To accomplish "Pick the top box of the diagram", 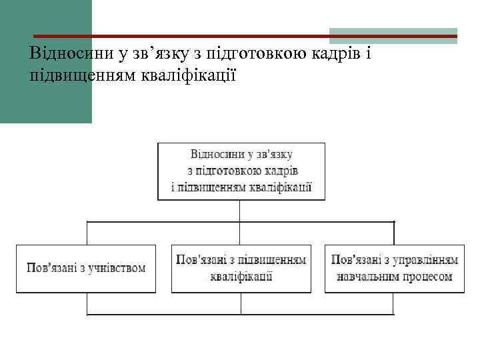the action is point(241,171).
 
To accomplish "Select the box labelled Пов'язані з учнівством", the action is point(86,268).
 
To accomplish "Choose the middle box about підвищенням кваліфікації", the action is point(241,268).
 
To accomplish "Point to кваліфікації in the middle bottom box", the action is point(241,276).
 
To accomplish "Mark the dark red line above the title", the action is point(200,35).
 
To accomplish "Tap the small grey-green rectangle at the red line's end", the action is point(393,35).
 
